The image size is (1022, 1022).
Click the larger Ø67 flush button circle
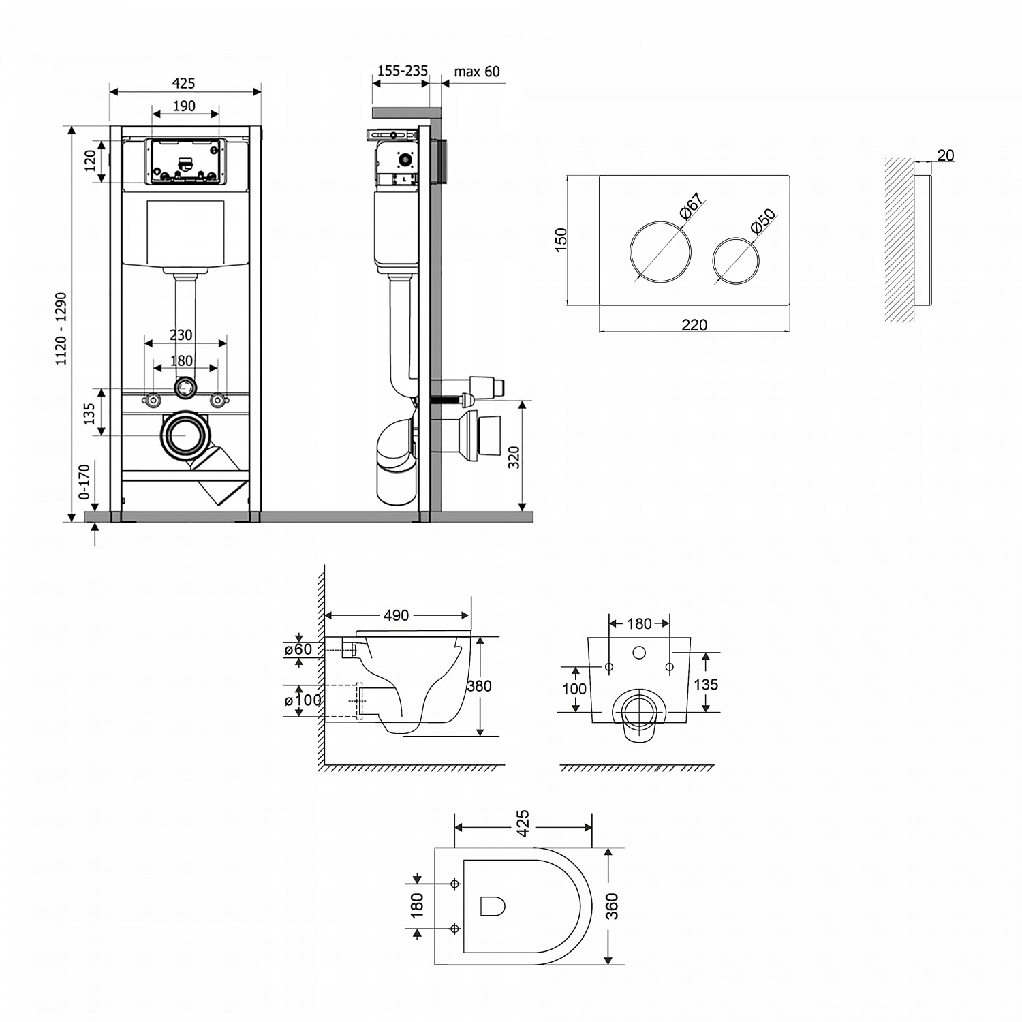(660, 250)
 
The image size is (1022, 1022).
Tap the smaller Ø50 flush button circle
(735, 260)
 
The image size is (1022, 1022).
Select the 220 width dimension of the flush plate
(694, 325)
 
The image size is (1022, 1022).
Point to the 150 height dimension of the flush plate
(561, 240)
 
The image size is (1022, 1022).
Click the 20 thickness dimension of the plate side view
(945, 155)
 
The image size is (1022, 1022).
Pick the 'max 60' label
(477, 72)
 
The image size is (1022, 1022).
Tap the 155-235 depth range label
(403, 71)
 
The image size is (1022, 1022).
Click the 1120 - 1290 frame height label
(61, 329)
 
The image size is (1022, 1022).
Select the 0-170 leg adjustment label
(84, 482)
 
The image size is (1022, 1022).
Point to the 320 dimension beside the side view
(514, 456)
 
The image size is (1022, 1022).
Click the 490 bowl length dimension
(396, 615)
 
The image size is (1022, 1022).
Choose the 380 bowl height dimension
(479, 686)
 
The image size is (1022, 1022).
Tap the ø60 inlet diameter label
(298, 649)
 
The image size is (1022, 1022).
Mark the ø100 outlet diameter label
(303, 700)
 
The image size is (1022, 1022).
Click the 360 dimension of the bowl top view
(611, 906)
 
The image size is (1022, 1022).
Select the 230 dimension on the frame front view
(181, 335)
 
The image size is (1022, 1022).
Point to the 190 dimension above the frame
(184, 106)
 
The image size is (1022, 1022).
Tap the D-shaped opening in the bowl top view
(492, 905)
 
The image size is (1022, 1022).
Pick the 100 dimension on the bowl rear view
(574, 689)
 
